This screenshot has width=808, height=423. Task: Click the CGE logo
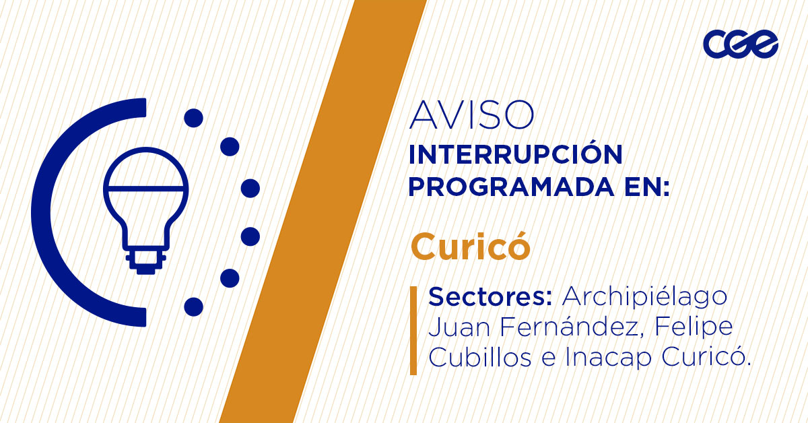pos(741,45)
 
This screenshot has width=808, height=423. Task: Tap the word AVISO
pos(471,115)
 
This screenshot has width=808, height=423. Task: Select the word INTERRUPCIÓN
pos(515,155)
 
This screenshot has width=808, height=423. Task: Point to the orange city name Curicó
pos(470,247)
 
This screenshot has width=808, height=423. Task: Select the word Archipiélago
pos(645,296)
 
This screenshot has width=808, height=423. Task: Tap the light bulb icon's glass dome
pos(145,174)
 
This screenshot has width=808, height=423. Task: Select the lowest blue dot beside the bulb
pos(193,306)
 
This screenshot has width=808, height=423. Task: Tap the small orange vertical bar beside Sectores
pos(413,329)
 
